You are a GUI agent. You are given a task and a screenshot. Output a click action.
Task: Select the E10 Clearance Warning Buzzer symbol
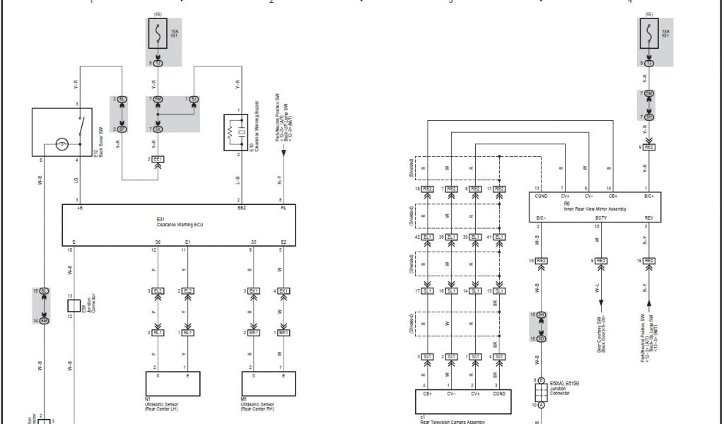235,132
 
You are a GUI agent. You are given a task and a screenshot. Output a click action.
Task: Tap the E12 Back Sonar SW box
62,132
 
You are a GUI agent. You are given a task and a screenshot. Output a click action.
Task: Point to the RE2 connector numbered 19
542,261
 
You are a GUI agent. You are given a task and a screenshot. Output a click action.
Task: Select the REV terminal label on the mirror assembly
648,218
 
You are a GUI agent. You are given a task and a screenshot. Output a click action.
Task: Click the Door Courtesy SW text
600,332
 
